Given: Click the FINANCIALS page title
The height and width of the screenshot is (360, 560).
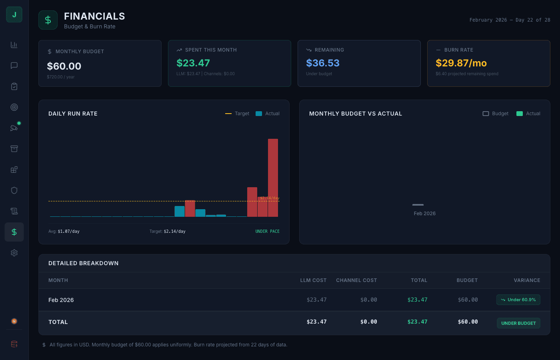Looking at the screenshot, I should (x=94, y=16).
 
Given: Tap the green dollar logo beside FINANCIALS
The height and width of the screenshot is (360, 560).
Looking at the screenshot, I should (x=48, y=20).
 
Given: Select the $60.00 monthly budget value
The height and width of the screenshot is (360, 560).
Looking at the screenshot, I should (x=64, y=66).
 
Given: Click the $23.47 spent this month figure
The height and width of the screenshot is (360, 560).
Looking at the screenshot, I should (x=193, y=63).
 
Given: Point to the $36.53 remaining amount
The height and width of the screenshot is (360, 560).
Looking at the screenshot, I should (x=323, y=63).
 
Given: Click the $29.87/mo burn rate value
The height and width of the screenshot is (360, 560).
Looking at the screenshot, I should (x=461, y=63).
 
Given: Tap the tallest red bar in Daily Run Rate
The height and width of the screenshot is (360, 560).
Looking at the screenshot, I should (x=273, y=178).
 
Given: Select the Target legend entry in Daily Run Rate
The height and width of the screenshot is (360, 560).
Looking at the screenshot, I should (x=238, y=114).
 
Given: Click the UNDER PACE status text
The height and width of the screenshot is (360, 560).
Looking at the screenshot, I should (x=267, y=231).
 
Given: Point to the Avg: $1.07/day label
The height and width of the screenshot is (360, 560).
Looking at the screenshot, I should (x=64, y=231).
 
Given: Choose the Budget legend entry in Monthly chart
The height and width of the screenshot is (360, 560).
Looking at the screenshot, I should (x=496, y=114).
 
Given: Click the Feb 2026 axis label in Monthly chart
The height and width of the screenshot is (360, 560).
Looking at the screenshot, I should (x=424, y=214).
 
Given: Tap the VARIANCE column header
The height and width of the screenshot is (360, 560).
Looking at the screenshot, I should (x=527, y=280).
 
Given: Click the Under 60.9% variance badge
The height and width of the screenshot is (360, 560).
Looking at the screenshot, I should (x=518, y=300).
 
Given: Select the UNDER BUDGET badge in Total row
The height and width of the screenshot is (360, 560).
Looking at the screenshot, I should (x=518, y=323).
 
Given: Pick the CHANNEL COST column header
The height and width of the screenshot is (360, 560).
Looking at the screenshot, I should (x=356, y=280).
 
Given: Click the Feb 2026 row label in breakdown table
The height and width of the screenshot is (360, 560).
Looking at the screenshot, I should (x=61, y=300).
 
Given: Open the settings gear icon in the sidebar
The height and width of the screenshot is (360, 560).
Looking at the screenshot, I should (x=14, y=253).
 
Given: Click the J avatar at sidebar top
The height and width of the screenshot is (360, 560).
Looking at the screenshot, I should (x=14, y=15).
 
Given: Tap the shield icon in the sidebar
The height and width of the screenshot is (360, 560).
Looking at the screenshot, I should (x=14, y=190).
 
